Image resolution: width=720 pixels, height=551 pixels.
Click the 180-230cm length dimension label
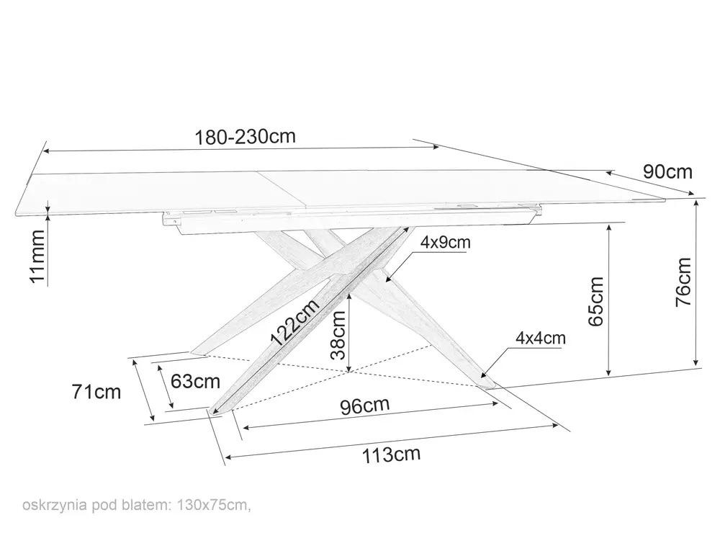(x=246, y=136)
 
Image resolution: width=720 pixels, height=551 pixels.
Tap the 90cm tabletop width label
(x=667, y=171)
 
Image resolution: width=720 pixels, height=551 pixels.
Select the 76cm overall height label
(x=683, y=282)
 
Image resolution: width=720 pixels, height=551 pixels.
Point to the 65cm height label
(x=595, y=301)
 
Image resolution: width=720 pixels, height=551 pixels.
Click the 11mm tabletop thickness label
(x=37, y=257)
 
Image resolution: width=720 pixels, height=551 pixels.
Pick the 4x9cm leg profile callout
(x=446, y=242)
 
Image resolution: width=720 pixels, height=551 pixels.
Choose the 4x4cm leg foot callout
(x=541, y=339)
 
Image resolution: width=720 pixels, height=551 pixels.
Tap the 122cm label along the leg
(x=294, y=323)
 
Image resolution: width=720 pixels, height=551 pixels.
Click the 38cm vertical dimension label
(x=338, y=335)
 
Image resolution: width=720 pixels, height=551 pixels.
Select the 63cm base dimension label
(x=195, y=381)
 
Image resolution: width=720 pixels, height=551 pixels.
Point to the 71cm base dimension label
(x=96, y=392)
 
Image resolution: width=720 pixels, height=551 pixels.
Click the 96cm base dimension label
(x=364, y=406)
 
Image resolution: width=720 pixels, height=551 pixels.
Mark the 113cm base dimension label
(x=391, y=454)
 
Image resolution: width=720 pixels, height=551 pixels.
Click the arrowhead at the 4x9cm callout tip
(x=388, y=279)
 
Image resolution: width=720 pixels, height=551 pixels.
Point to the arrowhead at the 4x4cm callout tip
(x=482, y=375)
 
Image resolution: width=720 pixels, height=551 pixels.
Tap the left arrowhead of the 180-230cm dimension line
(x=48, y=151)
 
